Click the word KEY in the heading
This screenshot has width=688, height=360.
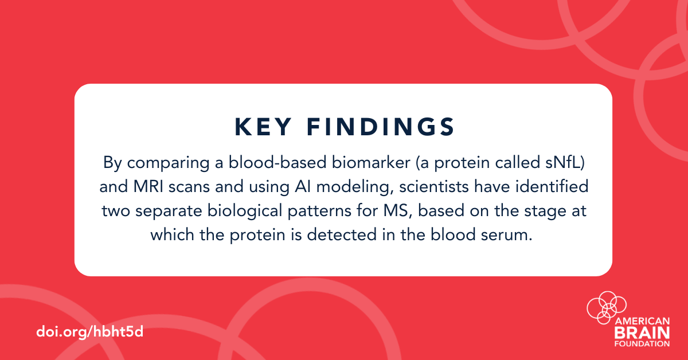click(x=263, y=127)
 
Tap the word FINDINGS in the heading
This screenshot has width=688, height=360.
click(x=381, y=127)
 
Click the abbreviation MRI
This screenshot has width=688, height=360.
click(x=148, y=186)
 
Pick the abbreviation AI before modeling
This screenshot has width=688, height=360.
click(x=303, y=186)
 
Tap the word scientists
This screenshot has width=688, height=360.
click(x=434, y=186)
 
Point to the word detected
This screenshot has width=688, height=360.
click(x=342, y=234)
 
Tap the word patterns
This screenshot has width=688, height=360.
click(x=319, y=212)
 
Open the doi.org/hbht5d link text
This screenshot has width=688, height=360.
click(x=89, y=332)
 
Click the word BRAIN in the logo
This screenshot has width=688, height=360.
click(x=642, y=333)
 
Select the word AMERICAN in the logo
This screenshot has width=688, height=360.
click(x=642, y=321)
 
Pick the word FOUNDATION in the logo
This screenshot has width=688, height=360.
click(x=642, y=344)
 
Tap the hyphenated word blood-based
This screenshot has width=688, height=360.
click(x=277, y=162)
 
